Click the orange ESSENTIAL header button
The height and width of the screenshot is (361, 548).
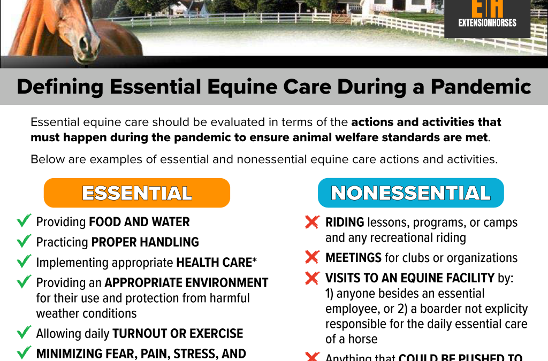137,193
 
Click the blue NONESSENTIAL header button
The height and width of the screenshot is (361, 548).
411,193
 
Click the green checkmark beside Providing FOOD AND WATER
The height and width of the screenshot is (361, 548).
24,221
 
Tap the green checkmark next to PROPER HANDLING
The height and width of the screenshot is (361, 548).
24,242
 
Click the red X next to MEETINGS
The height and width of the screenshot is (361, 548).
312,258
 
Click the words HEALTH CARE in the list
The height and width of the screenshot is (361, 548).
214,263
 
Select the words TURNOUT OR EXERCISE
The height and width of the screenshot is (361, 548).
178,334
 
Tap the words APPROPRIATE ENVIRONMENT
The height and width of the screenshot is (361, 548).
186,283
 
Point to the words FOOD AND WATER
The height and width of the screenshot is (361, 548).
139,221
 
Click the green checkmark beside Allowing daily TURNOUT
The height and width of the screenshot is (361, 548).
24,333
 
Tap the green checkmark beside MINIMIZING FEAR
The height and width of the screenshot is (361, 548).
24,353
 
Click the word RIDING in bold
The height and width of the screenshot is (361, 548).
345,222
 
